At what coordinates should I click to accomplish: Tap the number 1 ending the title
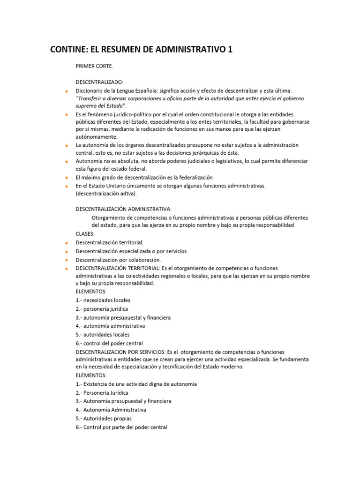pos(230,50)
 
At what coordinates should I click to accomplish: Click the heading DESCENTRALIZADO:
pos(99,82)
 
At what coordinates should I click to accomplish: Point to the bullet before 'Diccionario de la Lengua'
pos(67,91)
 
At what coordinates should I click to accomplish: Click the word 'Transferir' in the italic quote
pos(91,98)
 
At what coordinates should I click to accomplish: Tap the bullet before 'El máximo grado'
pos(67,178)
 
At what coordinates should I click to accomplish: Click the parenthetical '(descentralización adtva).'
pos(107,193)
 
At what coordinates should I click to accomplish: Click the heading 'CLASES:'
pos(85,233)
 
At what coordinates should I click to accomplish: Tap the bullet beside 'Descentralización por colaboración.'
pos(67,260)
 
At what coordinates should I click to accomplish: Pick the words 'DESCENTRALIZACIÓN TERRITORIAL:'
pos(118,268)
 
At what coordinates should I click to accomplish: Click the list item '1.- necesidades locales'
pos(103,300)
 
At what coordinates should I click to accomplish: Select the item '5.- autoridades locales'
pos(103,335)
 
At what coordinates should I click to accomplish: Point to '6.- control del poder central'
pos(109,344)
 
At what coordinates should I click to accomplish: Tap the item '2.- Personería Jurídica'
pos(102,393)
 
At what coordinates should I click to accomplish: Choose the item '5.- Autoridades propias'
pos(104,419)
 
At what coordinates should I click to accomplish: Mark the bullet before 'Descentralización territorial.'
pos(67,243)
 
